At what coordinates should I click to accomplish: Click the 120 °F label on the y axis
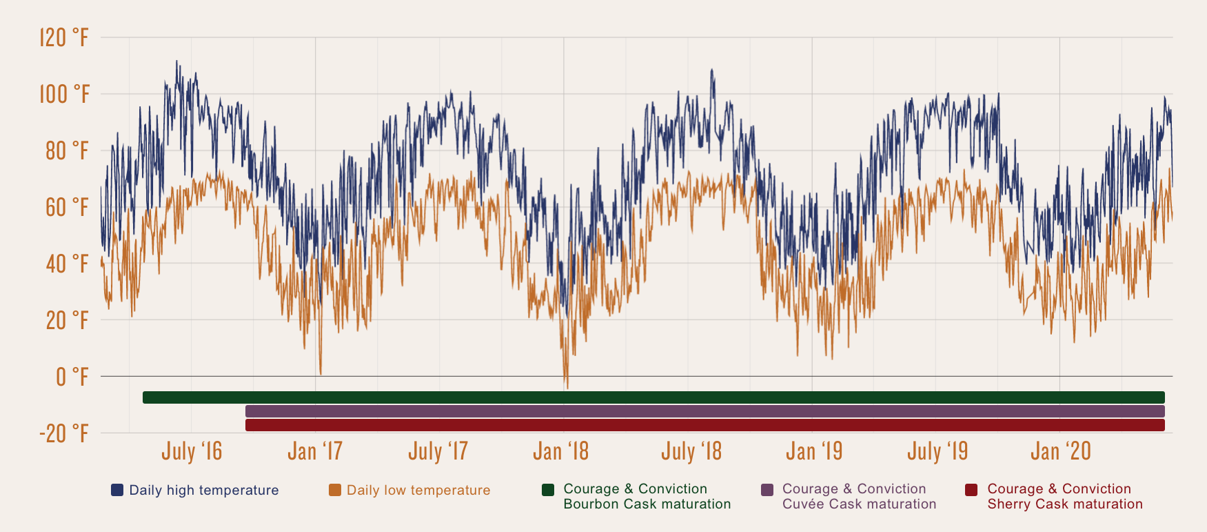click(x=64, y=37)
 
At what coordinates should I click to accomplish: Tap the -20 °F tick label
click(x=64, y=433)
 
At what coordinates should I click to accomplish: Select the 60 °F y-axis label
click(x=67, y=207)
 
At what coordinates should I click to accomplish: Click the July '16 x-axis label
click(x=192, y=451)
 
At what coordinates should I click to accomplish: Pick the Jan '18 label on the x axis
click(x=560, y=451)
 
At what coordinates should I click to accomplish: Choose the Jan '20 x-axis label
click(x=1060, y=451)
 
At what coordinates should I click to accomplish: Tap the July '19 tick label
click(x=937, y=451)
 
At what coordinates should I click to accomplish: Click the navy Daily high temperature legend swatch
click(x=117, y=490)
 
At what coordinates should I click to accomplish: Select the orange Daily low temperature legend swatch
click(x=335, y=490)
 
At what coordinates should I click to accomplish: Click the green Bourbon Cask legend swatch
click(x=548, y=490)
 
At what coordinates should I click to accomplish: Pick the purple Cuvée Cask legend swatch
click(x=767, y=490)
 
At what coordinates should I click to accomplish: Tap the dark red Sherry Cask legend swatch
click(x=971, y=490)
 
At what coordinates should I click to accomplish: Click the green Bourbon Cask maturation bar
click(x=653, y=397)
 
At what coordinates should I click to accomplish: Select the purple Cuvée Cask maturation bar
click(x=704, y=411)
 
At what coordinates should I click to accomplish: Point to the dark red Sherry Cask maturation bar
click(x=704, y=425)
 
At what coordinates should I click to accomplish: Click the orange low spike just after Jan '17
click(x=321, y=373)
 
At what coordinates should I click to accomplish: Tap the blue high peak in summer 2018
click(x=712, y=70)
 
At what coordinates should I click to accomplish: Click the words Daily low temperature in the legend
click(x=418, y=490)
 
